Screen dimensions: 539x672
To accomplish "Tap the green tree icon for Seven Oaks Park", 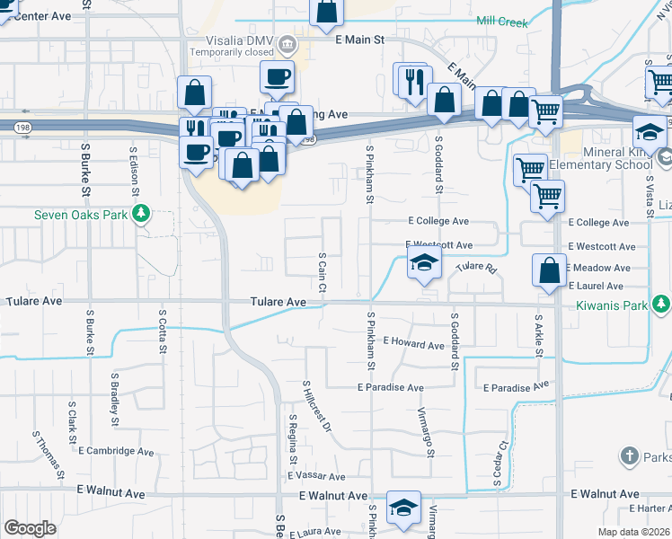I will (x=140, y=214).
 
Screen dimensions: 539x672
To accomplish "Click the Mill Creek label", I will (x=502, y=22).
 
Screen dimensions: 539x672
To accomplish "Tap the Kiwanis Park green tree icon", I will (x=662, y=305).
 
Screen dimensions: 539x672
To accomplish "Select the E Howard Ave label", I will (x=413, y=344).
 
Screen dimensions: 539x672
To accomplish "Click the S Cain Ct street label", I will (x=322, y=271).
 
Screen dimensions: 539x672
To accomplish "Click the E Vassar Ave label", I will (x=316, y=476).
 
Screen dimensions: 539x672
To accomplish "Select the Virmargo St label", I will (x=426, y=432).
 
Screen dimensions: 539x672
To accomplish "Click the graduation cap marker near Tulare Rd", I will (x=423, y=265).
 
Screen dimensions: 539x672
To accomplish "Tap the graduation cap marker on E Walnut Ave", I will (x=403, y=507).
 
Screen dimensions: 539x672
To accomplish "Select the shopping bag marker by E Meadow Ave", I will (x=549, y=269).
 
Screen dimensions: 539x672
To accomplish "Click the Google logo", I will (x=30, y=528).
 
